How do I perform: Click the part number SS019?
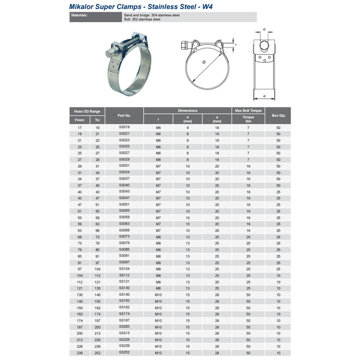[x=124, y=127]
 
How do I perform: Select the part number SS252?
[x=124, y=353]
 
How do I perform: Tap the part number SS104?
[x=124, y=269]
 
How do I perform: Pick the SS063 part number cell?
[x=124, y=223]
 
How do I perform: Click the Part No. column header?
[x=124, y=115]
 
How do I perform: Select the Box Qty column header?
[x=278, y=115]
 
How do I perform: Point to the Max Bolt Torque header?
[x=248, y=111]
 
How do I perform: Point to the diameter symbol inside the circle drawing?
[x=204, y=62]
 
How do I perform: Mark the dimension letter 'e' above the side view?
[x=264, y=29]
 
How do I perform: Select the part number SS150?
[x=124, y=301]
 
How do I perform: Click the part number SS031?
[x=124, y=166]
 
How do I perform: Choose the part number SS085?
[x=124, y=249]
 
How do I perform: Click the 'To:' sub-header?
[x=98, y=120]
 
